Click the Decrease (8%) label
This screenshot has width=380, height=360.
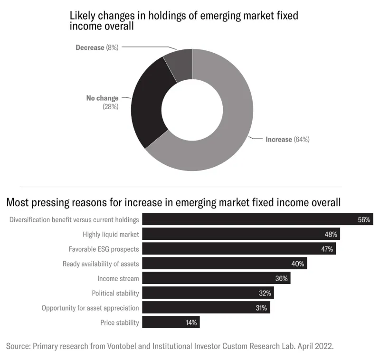pyautogui.click(x=97, y=47)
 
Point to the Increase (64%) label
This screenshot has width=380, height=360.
pyautogui.click(x=287, y=140)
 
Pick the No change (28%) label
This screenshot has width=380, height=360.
pyautogui.click(x=102, y=102)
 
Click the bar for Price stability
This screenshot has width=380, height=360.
pyautogui.click(x=171, y=322)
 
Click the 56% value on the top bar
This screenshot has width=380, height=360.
pyautogui.click(x=364, y=220)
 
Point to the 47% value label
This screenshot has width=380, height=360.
pyautogui.click(x=327, y=249)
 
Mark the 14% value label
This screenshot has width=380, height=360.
pyautogui.click(x=191, y=322)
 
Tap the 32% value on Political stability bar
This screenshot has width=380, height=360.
pyautogui.click(x=265, y=293)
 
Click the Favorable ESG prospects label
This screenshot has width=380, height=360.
pyautogui.click(x=104, y=249)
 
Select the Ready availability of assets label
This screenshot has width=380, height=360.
pyautogui.click(x=101, y=264)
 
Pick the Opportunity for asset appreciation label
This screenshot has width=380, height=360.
pyautogui.click(x=90, y=308)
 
